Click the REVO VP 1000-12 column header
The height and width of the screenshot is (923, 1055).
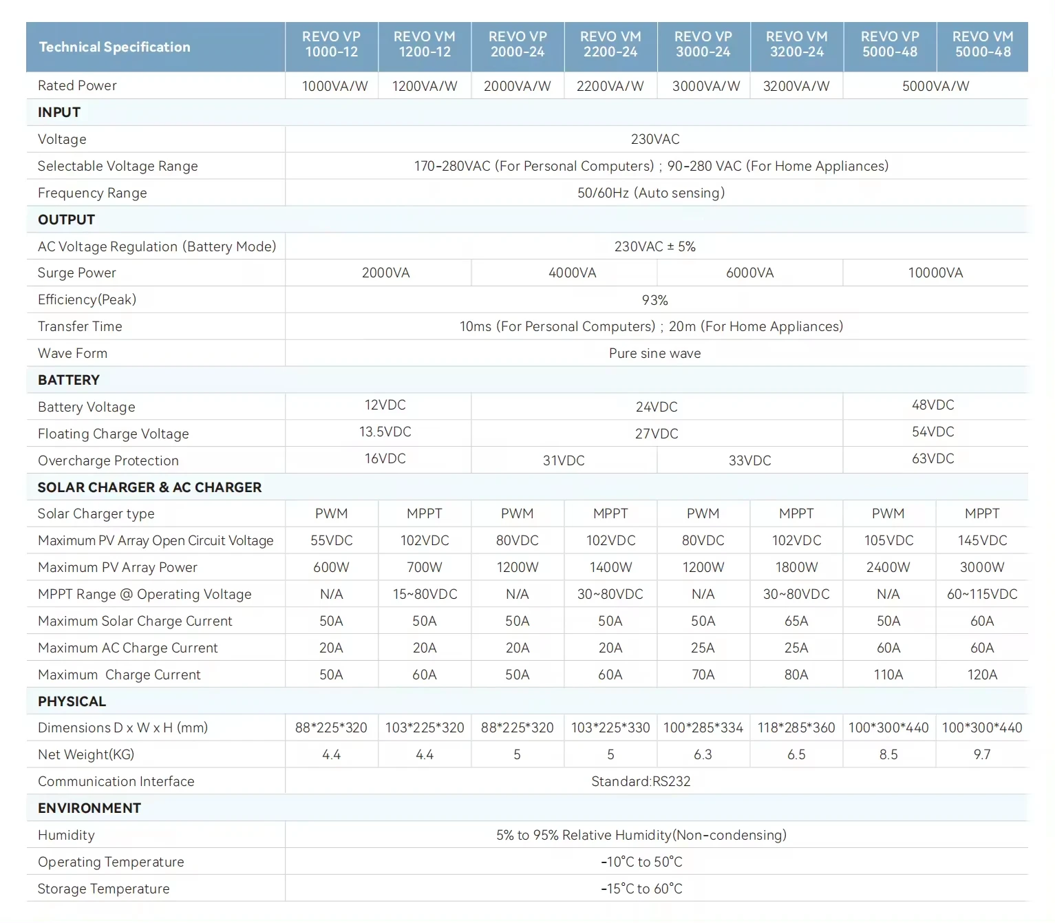tap(331, 44)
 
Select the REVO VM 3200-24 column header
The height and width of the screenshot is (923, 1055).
tap(797, 44)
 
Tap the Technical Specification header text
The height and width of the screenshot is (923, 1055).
tap(114, 47)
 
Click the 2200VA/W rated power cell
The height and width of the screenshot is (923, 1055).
tap(610, 86)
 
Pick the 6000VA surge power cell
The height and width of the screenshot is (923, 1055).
tap(749, 273)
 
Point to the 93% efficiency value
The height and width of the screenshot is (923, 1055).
tap(655, 300)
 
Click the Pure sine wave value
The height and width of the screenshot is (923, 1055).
tap(655, 353)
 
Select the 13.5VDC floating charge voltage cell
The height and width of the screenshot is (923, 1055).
tap(385, 432)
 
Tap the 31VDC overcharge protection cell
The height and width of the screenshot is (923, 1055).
tap(564, 460)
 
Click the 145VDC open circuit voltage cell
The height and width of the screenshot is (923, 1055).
tap(982, 540)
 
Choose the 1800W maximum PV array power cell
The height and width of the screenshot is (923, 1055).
tap(797, 567)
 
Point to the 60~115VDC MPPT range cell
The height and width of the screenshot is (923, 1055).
tap(982, 594)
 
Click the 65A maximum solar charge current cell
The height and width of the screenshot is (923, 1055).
tap(797, 621)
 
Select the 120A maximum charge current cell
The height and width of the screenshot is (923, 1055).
tap(982, 675)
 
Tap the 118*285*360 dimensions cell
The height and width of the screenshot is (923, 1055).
tap(796, 728)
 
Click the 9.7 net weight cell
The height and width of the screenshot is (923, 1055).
tap(982, 754)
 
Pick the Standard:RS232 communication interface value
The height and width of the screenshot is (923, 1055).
tap(641, 781)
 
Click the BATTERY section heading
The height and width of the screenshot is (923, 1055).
tap(69, 380)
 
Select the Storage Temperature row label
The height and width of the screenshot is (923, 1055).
tap(104, 889)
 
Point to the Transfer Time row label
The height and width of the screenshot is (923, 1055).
tap(80, 326)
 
